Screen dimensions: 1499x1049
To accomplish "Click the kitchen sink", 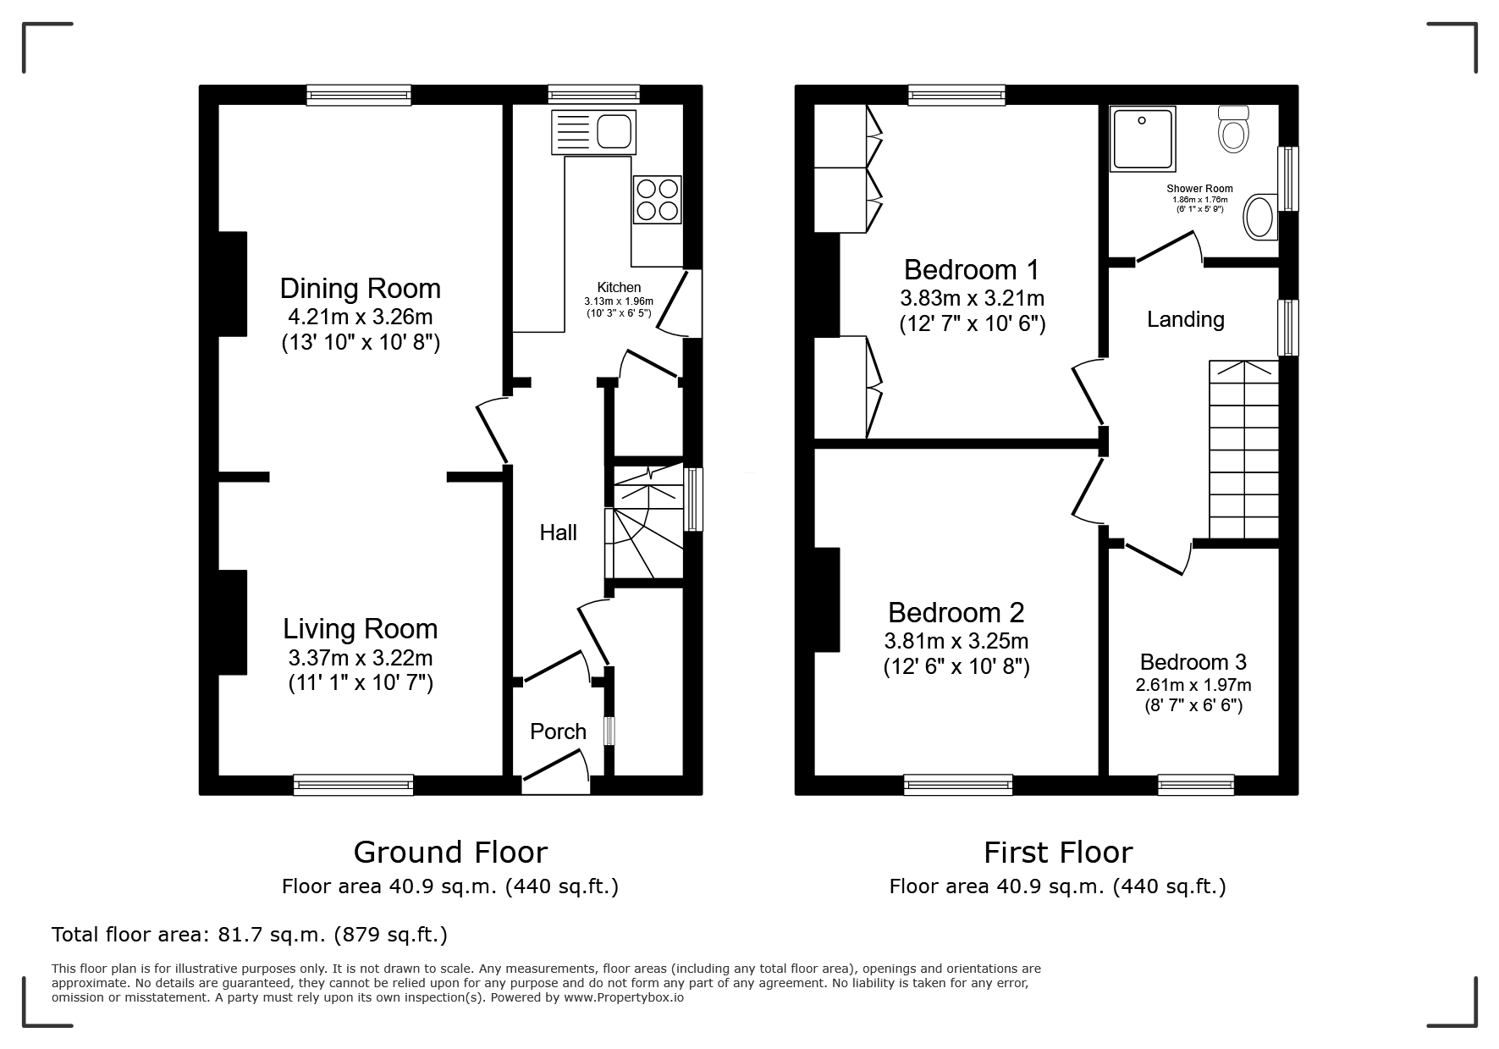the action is pos(593,132).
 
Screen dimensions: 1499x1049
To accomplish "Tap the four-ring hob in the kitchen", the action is pos(656,199).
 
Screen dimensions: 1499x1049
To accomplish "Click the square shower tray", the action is pos(1143,138).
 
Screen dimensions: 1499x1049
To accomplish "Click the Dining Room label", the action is pos(361,289).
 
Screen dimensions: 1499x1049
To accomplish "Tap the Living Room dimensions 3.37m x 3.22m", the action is pos(361,657).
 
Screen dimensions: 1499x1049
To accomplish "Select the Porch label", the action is pos(558,732).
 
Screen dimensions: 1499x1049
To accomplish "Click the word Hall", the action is pos(559,533).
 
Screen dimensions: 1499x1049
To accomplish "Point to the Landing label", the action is pos(1186,319).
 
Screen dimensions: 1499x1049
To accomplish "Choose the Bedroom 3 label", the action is pos(1193,662).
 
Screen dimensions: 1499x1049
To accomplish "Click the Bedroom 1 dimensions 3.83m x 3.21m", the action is pos(973,299).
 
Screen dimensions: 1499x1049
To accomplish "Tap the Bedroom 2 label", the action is pos(956,612).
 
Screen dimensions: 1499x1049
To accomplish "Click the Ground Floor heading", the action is pos(450,852).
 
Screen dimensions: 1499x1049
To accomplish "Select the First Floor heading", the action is pos(1058,852).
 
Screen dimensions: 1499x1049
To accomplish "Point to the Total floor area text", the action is pos(250,935).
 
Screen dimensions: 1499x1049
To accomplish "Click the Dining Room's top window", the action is pos(359,95).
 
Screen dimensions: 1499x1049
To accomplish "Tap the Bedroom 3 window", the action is pos(1196,785).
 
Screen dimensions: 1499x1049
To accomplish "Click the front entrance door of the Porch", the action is pos(556,785).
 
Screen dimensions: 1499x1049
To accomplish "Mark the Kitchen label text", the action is pos(620,288).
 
